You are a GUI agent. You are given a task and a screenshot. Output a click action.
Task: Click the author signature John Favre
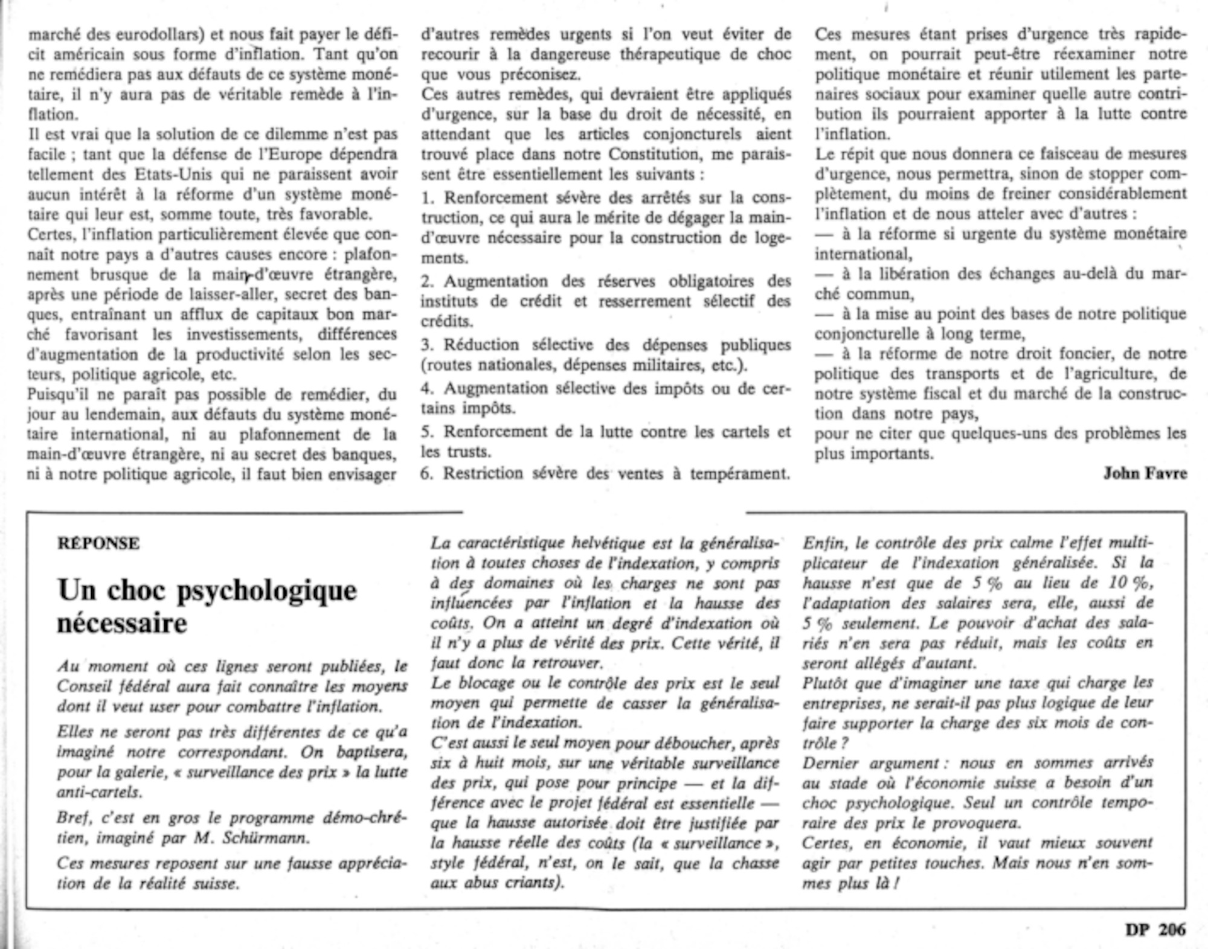tap(1145, 474)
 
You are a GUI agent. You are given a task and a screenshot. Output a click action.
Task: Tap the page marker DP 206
tap(1155, 930)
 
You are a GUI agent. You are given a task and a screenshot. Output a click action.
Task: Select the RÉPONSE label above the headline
tap(98, 543)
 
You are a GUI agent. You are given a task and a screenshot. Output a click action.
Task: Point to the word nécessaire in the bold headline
tap(122, 623)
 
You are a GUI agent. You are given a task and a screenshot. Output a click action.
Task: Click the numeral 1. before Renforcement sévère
tap(428, 198)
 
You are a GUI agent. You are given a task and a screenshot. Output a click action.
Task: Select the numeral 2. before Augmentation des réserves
tap(428, 282)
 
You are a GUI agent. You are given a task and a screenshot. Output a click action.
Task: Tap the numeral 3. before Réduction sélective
tap(428, 345)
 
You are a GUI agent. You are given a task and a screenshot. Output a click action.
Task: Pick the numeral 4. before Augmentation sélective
tap(428, 388)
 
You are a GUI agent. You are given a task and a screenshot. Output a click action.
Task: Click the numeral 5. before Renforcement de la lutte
tap(428, 432)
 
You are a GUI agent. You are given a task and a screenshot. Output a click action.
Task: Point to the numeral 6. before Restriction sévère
tap(428, 474)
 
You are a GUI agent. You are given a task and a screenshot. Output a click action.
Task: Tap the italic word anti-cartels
tap(100, 792)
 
